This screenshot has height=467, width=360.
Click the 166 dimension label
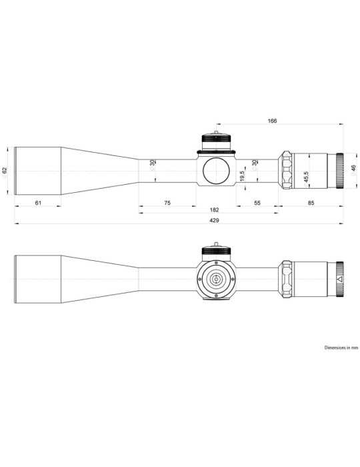point(272,121)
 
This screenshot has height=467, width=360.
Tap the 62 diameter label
point(5,170)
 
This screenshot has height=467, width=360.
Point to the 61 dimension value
point(38,202)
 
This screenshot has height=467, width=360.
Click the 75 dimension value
point(167,202)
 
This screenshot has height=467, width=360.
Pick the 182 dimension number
point(213,210)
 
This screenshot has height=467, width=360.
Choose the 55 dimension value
point(257,202)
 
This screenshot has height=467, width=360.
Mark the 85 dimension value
point(311,202)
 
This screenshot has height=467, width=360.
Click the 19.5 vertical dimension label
point(243,177)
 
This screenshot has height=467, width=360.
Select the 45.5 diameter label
point(306,177)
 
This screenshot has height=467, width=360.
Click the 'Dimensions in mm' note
point(341,348)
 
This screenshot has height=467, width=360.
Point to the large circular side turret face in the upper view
point(217,170)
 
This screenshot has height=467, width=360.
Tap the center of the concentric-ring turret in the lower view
point(217,279)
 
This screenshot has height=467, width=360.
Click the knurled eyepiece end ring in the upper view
point(339,170)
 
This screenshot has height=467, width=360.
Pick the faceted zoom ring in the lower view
point(286,279)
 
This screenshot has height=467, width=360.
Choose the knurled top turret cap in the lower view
point(217,252)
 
